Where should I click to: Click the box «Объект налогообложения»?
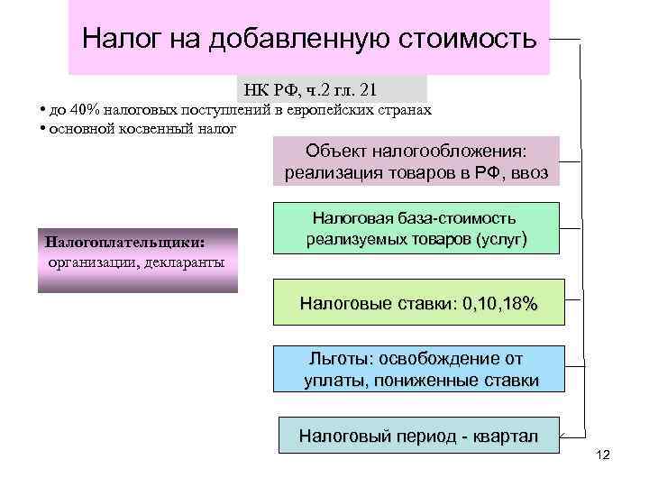(x=416, y=161)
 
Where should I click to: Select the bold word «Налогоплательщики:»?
(x=124, y=243)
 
